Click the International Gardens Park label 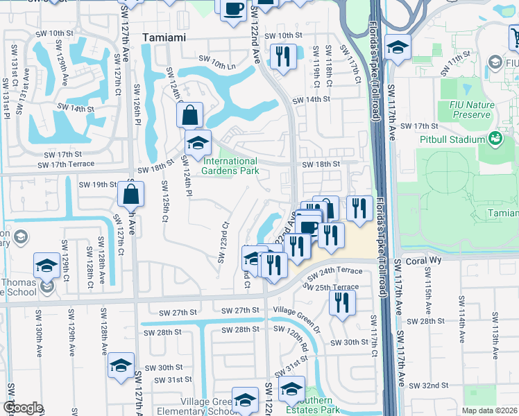coord(230,166)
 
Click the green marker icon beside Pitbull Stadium coord(495,139)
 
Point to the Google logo coord(23,408)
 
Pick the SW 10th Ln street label coord(217,65)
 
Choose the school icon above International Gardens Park coord(198,143)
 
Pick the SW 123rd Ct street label coord(223,243)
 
